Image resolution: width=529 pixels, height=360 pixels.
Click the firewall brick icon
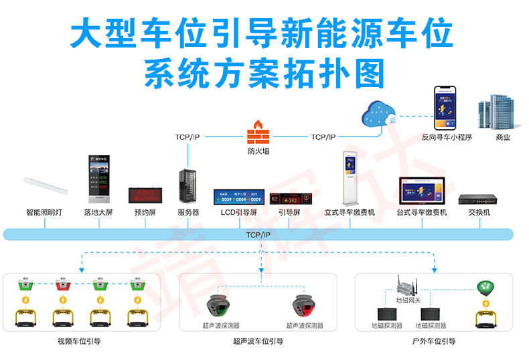click(x=257, y=132)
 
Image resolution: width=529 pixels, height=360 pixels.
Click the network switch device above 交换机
click(x=479, y=199)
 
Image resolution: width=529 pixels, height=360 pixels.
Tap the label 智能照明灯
click(x=45, y=213)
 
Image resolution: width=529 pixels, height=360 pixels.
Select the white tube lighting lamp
click(x=45, y=187)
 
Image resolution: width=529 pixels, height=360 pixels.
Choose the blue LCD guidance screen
click(x=238, y=197)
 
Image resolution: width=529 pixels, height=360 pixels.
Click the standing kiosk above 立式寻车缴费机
click(x=350, y=177)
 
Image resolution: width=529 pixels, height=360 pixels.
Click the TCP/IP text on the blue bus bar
click(x=258, y=235)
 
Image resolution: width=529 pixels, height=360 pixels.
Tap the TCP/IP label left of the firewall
click(x=187, y=137)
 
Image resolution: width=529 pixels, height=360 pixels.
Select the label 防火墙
click(x=258, y=151)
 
